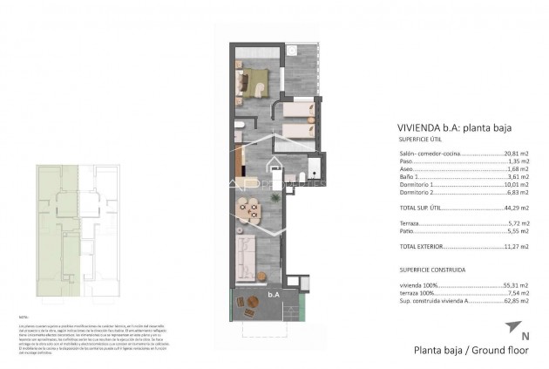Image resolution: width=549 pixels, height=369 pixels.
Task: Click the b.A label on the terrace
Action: point(273,294)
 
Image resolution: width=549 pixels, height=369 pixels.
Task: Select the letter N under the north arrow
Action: point(500,337)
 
